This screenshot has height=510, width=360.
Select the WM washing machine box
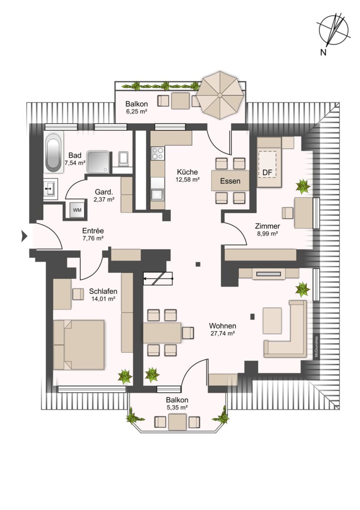point(77,210)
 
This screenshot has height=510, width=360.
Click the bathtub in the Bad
point(54,153)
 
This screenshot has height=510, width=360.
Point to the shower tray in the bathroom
point(98,161)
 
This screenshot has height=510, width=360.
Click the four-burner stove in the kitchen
point(158,153)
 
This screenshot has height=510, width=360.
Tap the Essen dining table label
point(230,181)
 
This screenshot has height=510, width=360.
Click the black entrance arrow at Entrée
point(25,236)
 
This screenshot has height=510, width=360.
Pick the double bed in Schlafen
point(79,345)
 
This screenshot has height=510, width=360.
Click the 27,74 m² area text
point(223,333)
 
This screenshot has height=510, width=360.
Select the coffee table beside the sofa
point(272,321)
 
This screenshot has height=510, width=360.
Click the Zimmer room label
point(268,226)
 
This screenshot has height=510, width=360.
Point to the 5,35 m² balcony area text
point(177,407)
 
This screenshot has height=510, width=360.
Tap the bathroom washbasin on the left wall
point(50,188)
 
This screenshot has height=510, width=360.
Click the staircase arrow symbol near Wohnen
point(158,279)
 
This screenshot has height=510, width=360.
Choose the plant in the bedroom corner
point(125,376)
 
